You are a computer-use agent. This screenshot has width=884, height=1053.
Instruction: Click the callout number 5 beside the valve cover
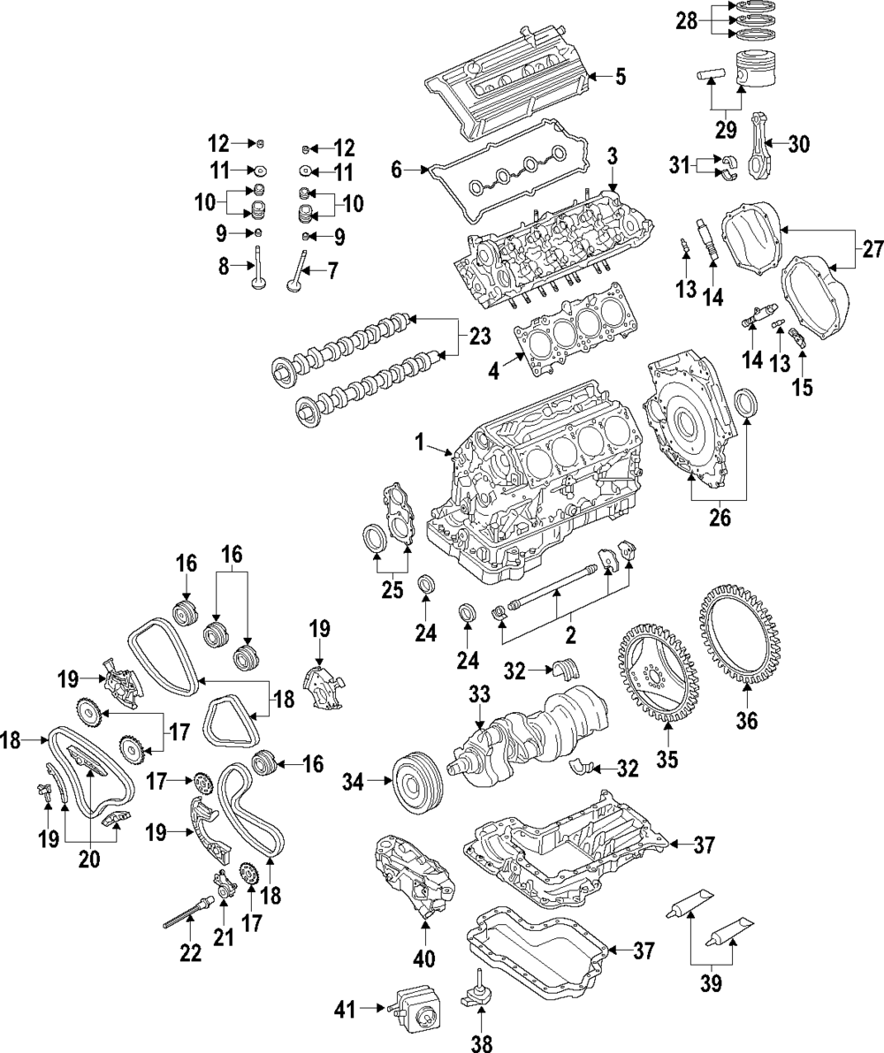[621, 77]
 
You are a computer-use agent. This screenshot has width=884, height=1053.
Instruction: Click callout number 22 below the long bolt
[190, 953]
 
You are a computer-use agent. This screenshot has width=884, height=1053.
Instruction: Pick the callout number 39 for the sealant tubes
[711, 981]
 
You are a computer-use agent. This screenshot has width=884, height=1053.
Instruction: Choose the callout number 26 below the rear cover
[720, 518]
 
